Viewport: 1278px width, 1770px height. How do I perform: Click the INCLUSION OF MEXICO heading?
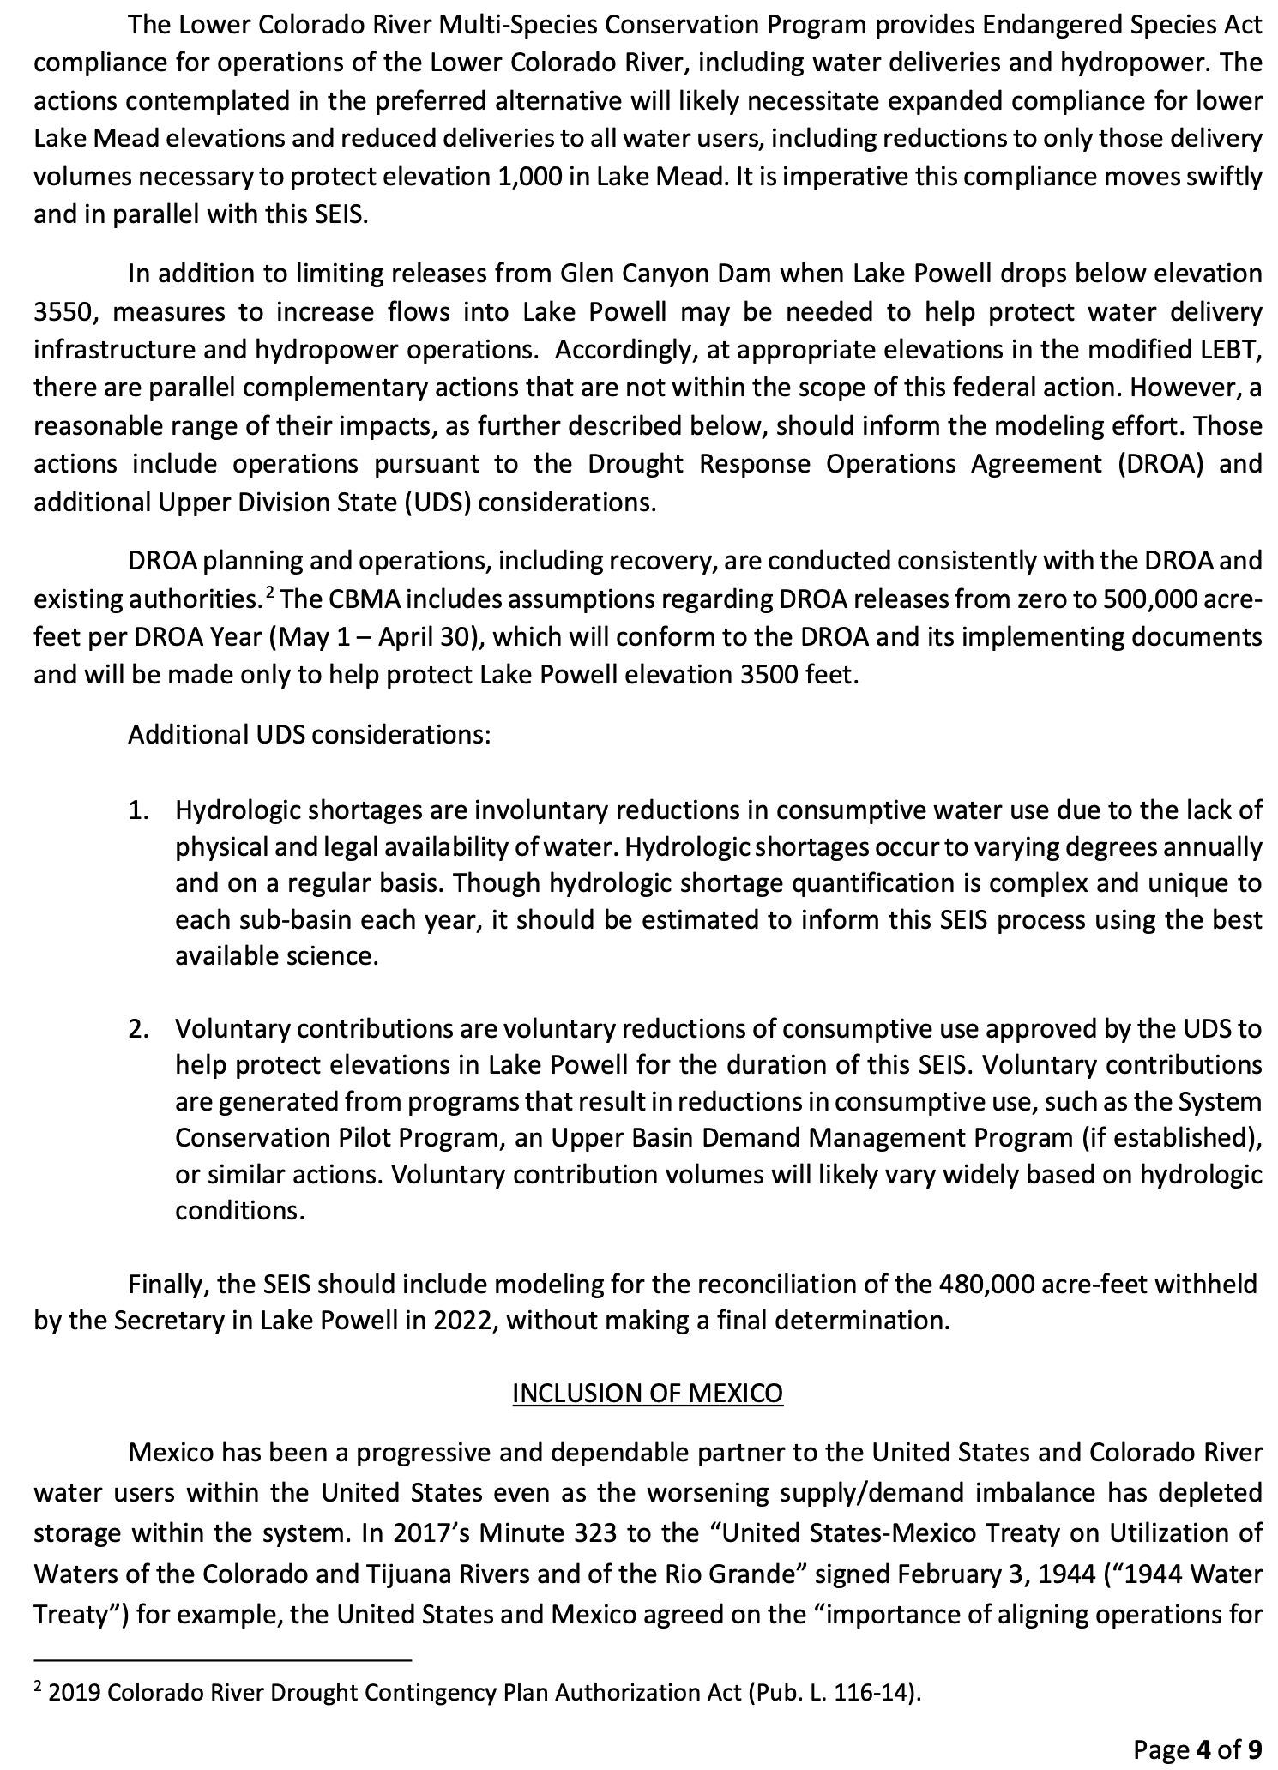point(648,1394)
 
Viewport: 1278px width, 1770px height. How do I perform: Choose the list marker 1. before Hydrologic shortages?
point(138,810)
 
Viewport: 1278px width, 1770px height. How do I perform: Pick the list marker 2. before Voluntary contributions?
point(138,1028)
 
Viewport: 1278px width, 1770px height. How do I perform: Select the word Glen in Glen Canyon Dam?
point(580,274)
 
